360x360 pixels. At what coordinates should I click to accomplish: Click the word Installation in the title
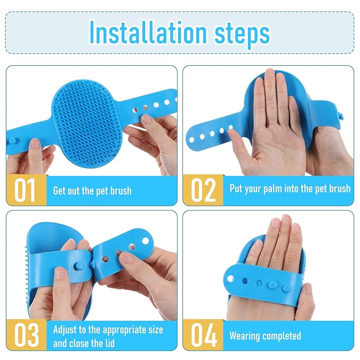tap(148, 32)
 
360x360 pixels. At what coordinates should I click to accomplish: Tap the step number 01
tap(24, 190)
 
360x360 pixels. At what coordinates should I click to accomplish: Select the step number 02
tap(203, 190)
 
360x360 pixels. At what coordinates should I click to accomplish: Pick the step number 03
tap(27, 335)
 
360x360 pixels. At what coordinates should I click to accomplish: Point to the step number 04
tap(204, 335)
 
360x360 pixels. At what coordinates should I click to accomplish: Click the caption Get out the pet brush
tap(92, 191)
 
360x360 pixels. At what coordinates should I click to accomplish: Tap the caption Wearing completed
tap(265, 336)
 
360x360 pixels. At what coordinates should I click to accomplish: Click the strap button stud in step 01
tap(13, 141)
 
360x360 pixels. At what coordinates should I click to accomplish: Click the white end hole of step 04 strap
tap(230, 279)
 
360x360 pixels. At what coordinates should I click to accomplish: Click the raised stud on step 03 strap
tap(80, 266)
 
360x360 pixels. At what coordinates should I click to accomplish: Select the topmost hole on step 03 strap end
tap(145, 241)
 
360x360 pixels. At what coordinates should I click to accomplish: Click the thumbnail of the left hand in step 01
tap(35, 143)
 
